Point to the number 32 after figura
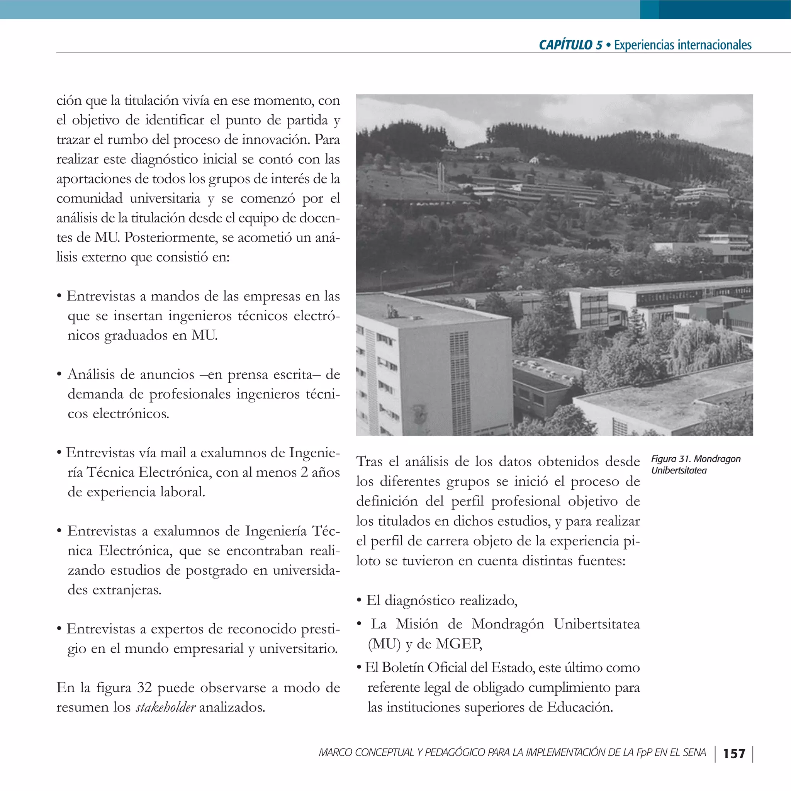144,687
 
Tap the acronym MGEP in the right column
458,643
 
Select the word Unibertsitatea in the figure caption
679,470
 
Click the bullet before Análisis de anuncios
59,374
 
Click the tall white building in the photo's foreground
434,377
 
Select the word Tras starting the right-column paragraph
369,462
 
